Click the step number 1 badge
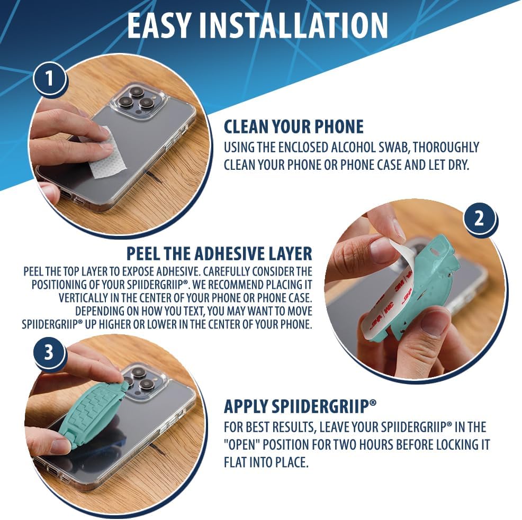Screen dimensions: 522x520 tap(49, 78)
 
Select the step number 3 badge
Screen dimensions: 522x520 tap(49, 352)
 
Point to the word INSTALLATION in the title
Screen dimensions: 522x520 tap(294, 25)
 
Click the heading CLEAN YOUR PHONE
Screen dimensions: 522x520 tap(293, 126)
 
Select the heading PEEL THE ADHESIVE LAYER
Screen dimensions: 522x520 tap(219, 253)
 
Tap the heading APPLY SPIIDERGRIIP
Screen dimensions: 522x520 tap(300, 407)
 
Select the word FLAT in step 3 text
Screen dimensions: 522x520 tap(235, 462)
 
